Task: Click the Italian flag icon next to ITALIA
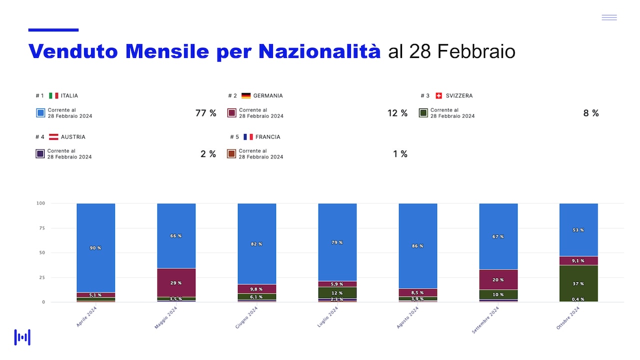click(x=53, y=95)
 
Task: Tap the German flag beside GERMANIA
click(x=246, y=95)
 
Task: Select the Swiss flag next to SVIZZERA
click(x=439, y=95)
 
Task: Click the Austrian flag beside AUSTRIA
click(x=53, y=137)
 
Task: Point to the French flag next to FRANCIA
click(x=248, y=137)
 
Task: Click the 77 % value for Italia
click(x=205, y=113)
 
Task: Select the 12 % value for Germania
click(x=397, y=113)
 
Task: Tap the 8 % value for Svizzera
click(x=591, y=113)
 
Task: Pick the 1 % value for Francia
click(x=400, y=154)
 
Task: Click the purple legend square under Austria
click(x=40, y=153)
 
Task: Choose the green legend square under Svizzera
click(x=423, y=113)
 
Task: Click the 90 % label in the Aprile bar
click(x=95, y=248)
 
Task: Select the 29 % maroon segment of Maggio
click(x=176, y=282)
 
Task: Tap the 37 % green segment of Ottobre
click(x=578, y=283)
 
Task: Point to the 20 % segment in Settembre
click(x=498, y=279)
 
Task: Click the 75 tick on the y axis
click(x=42, y=228)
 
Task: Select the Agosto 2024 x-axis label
click(x=407, y=317)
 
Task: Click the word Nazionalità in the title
click(x=319, y=51)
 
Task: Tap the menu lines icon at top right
click(x=609, y=17)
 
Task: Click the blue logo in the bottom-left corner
click(x=22, y=337)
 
